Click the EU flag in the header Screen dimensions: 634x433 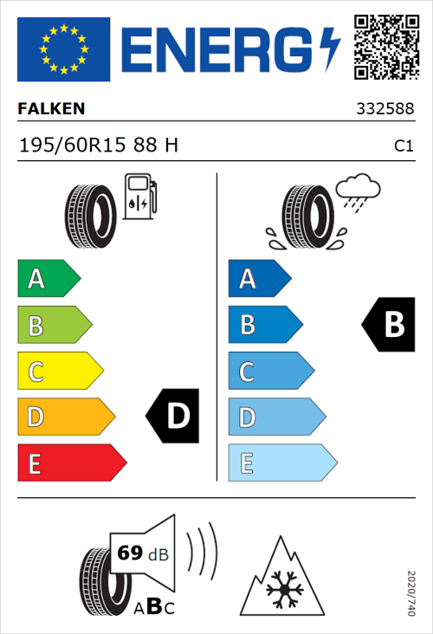tap(63, 49)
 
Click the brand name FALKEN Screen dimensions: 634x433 tap(51, 109)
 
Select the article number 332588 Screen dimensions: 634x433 tap(384, 110)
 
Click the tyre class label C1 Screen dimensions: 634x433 tap(403, 146)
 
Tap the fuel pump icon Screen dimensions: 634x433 tap(139, 197)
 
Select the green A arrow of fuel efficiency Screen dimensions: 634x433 tap(48, 279)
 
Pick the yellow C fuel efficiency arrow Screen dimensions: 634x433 tap(59, 372)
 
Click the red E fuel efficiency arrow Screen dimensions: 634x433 tap(70, 463)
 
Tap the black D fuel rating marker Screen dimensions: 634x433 tap(173, 417)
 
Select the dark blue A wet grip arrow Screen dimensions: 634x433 tap(259, 279)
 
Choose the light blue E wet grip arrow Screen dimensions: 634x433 tap(281, 463)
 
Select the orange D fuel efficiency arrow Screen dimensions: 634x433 tap(65, 417)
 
